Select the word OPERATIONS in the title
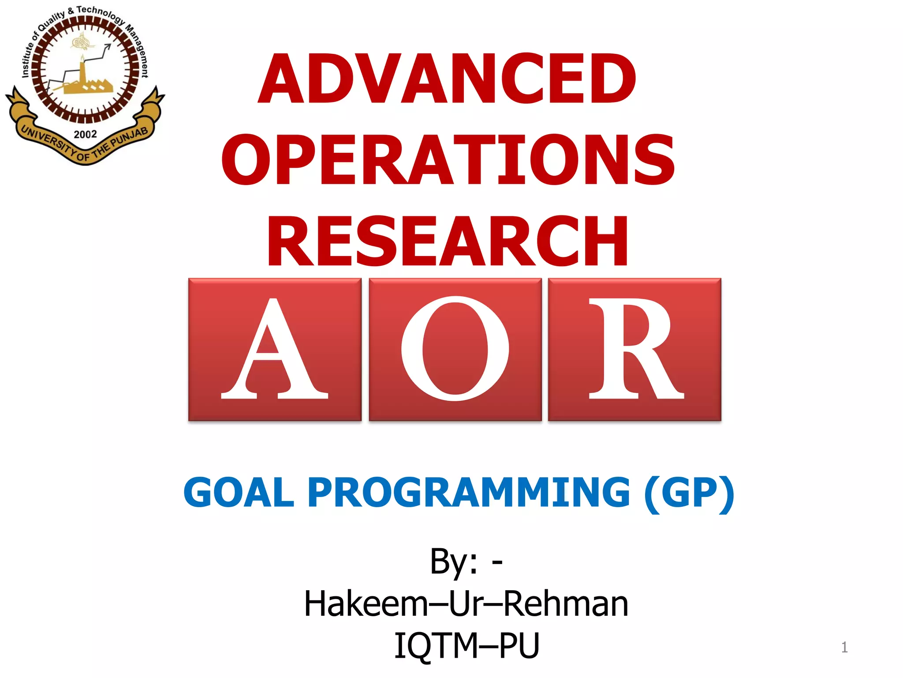click(448, 159)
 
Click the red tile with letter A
click(275, 349)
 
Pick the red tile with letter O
click(455, 349)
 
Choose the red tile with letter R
click(634, 349)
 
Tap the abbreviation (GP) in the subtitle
click(689, 493)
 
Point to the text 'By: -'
click(466, 561)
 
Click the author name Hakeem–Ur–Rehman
click(466, 603)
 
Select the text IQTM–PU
click(466, 645)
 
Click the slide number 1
click(844, 647)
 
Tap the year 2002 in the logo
click(85, 134)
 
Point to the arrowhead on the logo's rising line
click(108, 46)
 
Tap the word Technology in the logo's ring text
click(100, 13)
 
